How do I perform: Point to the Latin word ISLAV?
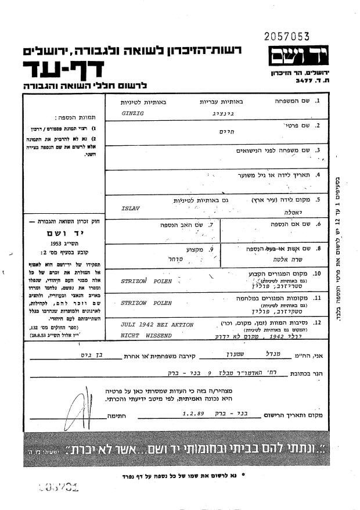[129, 206]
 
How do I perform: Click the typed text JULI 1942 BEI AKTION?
[157, 325]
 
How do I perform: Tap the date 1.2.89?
[193, 414]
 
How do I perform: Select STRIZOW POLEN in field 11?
[142, 303]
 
